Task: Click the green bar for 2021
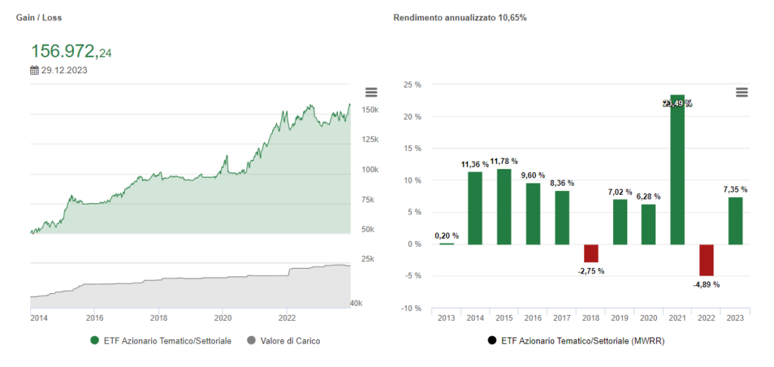pyautogui.click(x=677, y=170)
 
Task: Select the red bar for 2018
pyautogui.click(x=591, y=253)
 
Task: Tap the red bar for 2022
pyautogui.click(x=706, y=260)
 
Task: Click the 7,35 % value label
pyautogui.click(x=735, y=190)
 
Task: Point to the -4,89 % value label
pyautogui.click(x=706, y=285)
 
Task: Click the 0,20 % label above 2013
pyautogui.click(x=447, y=236)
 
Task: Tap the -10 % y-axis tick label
pyautogui.click(x=410, y=308)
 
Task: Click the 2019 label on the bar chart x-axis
pyautogui.click(x=620, y=319)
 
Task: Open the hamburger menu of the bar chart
pyautogui.click(x=741, y=92)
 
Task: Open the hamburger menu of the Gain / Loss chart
pyautogui.click(x=370, y=92)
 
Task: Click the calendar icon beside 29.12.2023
pyautogui.click(x=34, y=70)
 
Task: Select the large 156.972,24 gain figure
pyautogui.click(x=71, y=51)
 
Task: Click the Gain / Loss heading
pyautogui.click(x=36, y=17)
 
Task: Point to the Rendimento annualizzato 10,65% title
pyautogui.click(x=460, y=17)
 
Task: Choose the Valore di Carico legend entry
pyautogui.click(x=284, y=341)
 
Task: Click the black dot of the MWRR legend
pyautogui.click(x=494, y=341)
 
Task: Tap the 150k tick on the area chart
pyautogui.click(x=370, y=110)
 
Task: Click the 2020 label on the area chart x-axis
pyautogui.click(x=223, y=319)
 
